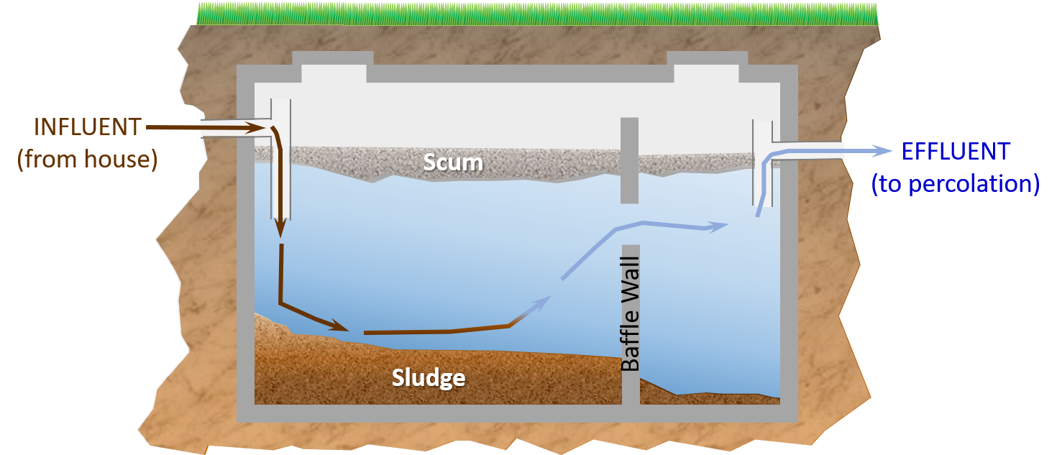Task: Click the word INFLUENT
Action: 88,127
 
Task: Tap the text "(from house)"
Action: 87,159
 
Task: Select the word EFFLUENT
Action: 956,152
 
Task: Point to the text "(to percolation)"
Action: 956,184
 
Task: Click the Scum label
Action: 453,162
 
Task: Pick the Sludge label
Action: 429,377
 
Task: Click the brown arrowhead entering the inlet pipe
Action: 252,128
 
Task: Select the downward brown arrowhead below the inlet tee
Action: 280,229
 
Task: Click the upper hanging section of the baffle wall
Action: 629,160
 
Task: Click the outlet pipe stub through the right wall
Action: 809,151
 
